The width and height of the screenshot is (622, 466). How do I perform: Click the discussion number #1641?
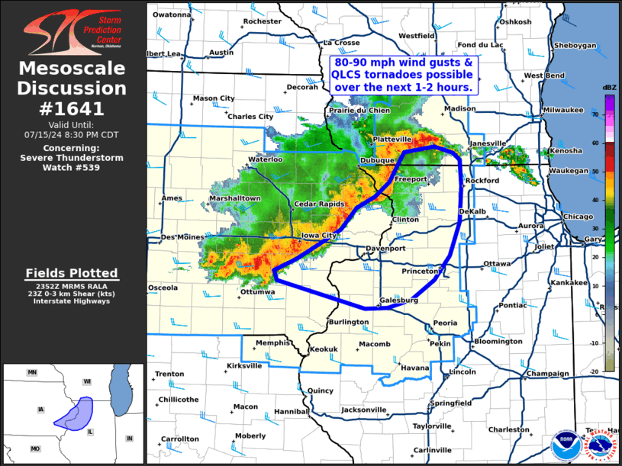click(73, 108)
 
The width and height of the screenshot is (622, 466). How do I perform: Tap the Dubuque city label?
click(378, 161)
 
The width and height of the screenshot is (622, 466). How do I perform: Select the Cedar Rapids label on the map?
click(321, 204)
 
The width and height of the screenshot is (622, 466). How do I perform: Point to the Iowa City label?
click(320, 236)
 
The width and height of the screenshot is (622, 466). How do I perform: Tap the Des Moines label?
click(182, 237)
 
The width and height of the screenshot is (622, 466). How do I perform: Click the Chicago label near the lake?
click(578, 217)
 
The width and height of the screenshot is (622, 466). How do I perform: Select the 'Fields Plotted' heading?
click(72, 273)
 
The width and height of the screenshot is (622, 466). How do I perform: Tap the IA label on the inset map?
click(40, 410)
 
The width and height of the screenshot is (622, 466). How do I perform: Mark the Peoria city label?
click(445, 323)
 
